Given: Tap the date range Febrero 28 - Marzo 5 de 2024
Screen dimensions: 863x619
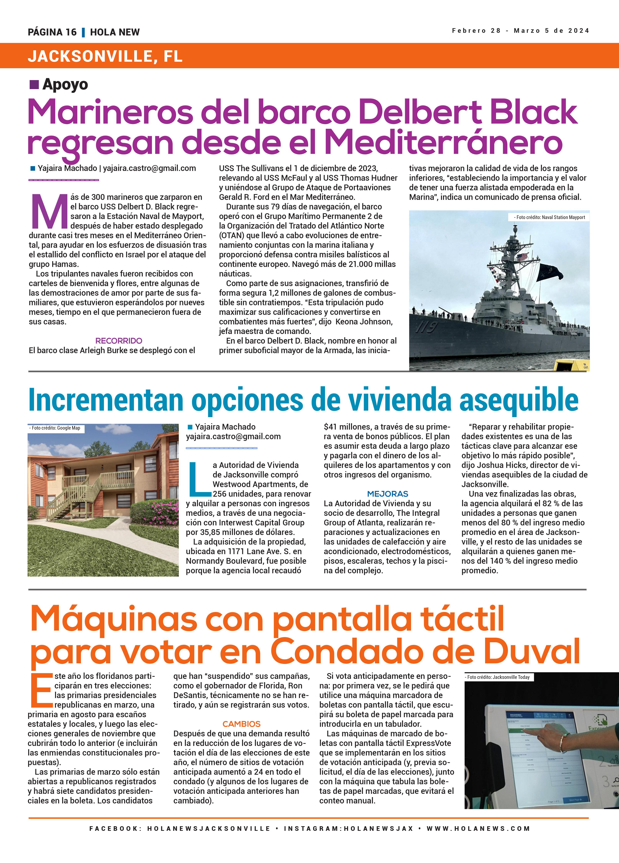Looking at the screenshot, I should [520, 31].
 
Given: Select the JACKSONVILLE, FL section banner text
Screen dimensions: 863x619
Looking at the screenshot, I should [105, 56].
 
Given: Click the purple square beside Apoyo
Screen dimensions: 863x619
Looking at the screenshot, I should [34, 84].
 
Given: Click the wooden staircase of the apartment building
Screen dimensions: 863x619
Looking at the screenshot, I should [82, 489].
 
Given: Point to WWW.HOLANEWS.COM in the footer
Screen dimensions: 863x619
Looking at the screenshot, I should [478, 828].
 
